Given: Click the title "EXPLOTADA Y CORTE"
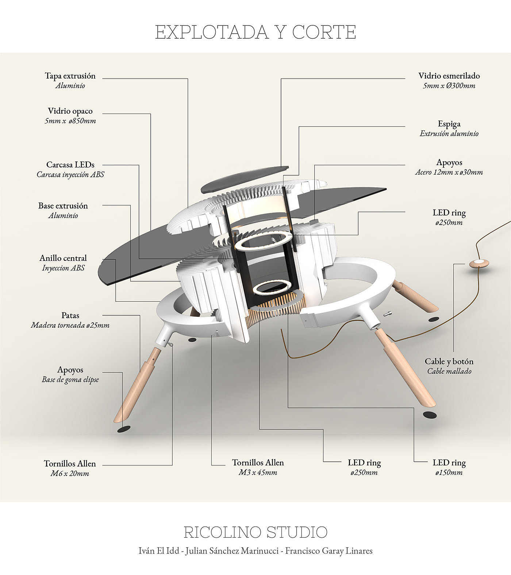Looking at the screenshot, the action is [x=255, y=32].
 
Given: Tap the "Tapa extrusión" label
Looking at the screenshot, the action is [x=70, y=76].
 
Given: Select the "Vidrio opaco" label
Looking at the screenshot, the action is [x=70, y=111].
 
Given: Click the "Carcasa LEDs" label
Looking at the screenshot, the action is [x=70, y=165].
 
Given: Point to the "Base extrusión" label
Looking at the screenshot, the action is [x=63, y=206].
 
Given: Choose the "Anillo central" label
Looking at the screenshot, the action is [x=63, y=258].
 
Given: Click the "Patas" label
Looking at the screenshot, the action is [x=70, y=315].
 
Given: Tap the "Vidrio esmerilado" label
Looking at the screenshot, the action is [x=449, y=76].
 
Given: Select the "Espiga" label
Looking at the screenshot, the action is [x=449, y=124].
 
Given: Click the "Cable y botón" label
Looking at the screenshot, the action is [x=449, y=361].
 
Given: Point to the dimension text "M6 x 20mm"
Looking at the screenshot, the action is [x=70, y=473].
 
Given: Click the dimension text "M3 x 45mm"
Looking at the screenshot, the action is [x=258, y=472].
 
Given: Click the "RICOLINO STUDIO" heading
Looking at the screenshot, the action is [x=255, y=532].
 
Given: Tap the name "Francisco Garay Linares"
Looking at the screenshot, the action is [x=329, y=551].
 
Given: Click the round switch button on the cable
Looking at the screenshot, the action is [x=479, y=263].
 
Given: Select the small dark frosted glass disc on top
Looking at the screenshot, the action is [x=245, y=179].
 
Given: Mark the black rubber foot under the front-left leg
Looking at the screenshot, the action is [x=124, y=429].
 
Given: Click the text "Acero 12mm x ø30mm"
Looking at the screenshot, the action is [x=449, y=172].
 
